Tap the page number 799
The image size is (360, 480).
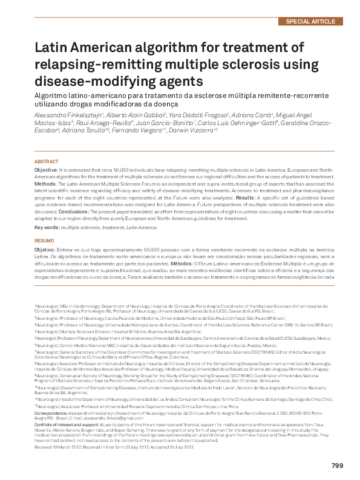pyautogui.click(x=338, y=465)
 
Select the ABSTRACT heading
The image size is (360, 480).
pyautogui.click(x=47, y=162)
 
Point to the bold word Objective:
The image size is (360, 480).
pyautogui.click(x=46, y=172)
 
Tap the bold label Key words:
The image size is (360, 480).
pyautogui.click(x=47, y=227)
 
